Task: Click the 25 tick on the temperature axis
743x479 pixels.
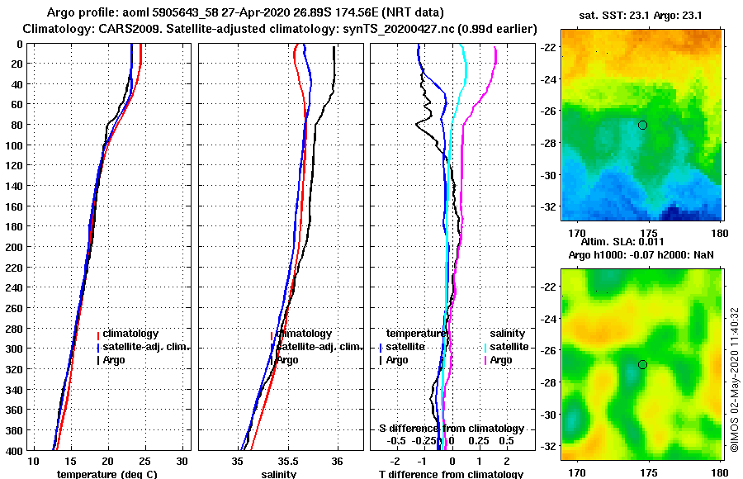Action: [145, 461]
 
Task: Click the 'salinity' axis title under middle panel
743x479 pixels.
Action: [278, 474]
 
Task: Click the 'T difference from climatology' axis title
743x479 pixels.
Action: [451, 474]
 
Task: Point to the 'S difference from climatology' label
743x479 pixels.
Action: [451, 429]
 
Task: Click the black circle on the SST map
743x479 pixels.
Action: [642, 125]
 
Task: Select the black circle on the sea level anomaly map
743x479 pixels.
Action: [642, 364]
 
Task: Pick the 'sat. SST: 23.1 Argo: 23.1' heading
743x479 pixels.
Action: [642, 15]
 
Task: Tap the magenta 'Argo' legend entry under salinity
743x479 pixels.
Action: [500, 360]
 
